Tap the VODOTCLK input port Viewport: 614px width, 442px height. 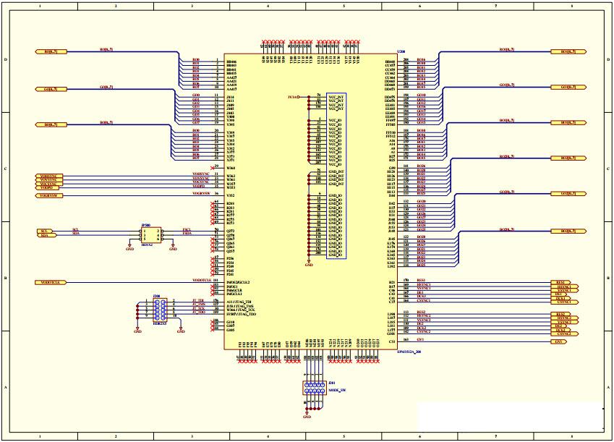click(51, 282)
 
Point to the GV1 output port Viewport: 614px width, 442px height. click(562, 341)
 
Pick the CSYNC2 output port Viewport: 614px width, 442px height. click(564, 333)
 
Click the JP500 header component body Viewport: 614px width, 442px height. click(151, 235)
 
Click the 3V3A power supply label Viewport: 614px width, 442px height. click(292, 96)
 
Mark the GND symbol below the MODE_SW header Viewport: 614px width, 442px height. click(307, 416)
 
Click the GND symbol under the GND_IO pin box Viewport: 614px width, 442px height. click(309, 265)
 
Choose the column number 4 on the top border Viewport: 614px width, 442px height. click(268, 6)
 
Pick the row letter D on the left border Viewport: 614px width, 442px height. click(6, 60)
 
